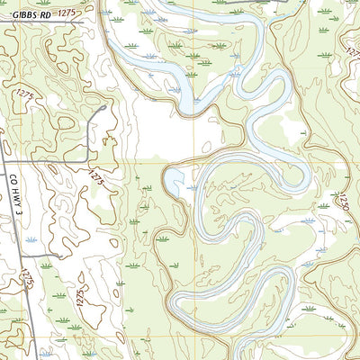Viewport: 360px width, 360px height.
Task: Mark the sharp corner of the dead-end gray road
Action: click(x=87, y=163)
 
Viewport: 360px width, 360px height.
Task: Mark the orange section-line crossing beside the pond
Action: click(x=193, y=162)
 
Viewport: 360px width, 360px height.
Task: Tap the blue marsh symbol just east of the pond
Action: click(x=192, y=188)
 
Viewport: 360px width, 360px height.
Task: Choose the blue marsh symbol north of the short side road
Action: click(x=31, y=240)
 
